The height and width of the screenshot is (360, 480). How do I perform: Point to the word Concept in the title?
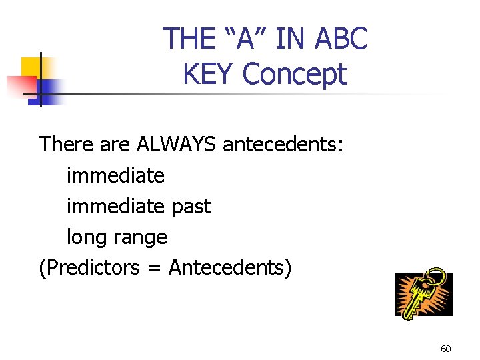click(295, 74)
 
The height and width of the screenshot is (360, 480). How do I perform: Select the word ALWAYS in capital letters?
click(176, 144)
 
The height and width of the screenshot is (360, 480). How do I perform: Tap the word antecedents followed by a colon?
click(283, 144)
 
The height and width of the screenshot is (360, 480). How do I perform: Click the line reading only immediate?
click(115, 175)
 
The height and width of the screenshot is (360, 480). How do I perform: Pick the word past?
click(191, 206)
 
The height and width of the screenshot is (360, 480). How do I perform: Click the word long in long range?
click(85, 237)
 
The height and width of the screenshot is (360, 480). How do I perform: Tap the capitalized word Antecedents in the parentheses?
click(227, 268)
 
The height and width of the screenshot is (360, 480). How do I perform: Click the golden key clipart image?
click(423, 293)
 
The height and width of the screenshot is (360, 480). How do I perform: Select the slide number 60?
click(446, 349)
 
